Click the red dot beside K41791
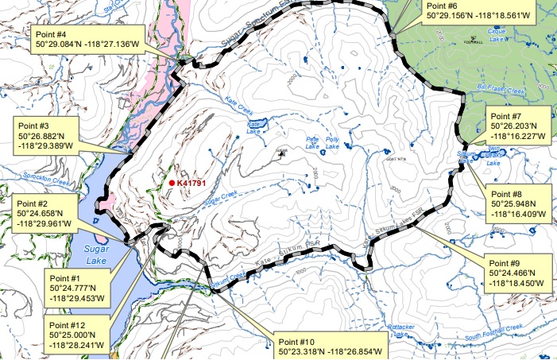172,183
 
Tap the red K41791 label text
193,183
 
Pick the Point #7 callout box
516,126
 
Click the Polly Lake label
332,143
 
